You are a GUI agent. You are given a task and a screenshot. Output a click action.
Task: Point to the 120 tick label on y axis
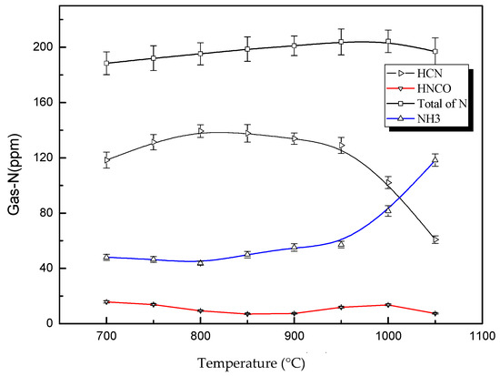point(40,158)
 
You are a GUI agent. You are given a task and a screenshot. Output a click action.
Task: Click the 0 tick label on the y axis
point(47,324)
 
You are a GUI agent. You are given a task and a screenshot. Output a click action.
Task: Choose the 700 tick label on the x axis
point(106,337)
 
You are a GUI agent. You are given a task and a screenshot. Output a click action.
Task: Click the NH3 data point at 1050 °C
point(435,160)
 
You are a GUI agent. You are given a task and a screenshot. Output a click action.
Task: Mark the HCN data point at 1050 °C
point(435,239)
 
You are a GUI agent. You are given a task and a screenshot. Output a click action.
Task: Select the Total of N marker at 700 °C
point(106,63)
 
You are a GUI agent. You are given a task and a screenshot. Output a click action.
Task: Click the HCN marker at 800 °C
point(200,131)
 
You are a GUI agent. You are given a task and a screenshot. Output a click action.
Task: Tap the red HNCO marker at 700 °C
point(106,301)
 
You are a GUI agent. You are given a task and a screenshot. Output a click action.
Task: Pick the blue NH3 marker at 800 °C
point(200,262)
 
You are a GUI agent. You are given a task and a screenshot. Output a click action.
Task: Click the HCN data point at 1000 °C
point(388,183)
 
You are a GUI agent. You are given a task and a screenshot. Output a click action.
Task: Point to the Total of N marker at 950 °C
point(341,42)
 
